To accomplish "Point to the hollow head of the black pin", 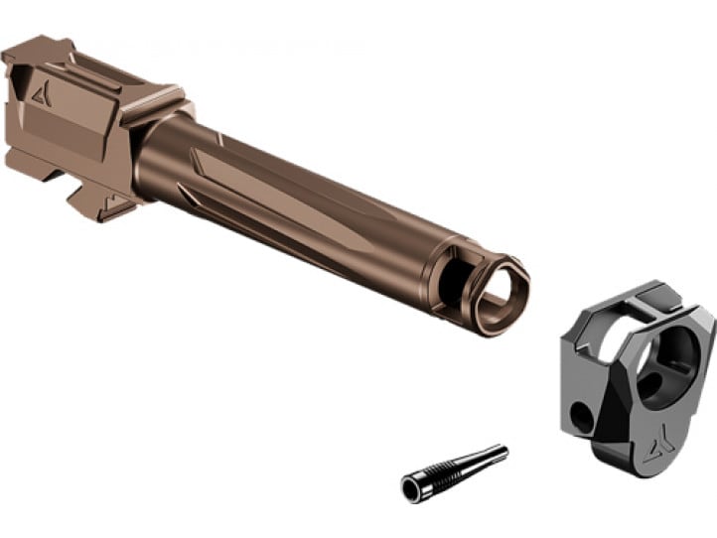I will coord(412,486).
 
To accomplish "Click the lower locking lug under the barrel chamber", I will coord(99,199).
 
